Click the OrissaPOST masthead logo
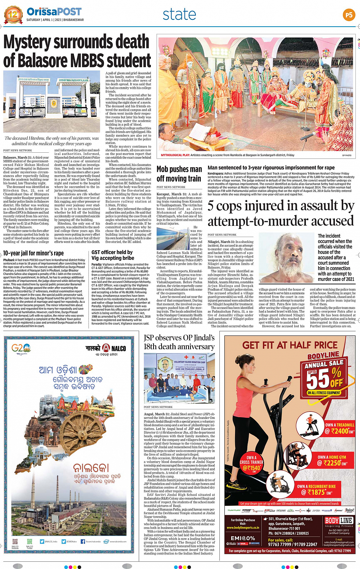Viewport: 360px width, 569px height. pos(54,12)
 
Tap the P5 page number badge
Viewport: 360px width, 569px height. pos(349,15)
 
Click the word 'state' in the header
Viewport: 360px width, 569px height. pos(179,14)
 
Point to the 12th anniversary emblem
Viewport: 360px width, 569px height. pos(13,15)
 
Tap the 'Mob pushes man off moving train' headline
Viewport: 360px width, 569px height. pos(179,174)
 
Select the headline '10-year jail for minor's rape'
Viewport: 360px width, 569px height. pos(34,253)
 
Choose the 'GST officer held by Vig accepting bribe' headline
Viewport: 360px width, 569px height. pos(112,255)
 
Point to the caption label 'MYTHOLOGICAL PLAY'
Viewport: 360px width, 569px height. pos(175,155)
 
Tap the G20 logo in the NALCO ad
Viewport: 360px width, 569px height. pos(21,348)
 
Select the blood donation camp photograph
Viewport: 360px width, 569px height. pos(179,379)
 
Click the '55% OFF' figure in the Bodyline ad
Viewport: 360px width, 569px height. pos(324,377)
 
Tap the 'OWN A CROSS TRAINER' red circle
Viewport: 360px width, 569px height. pos(251,462)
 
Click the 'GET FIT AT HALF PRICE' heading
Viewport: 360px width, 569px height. pos(290,345)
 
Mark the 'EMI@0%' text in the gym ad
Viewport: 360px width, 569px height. pos(243,538)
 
